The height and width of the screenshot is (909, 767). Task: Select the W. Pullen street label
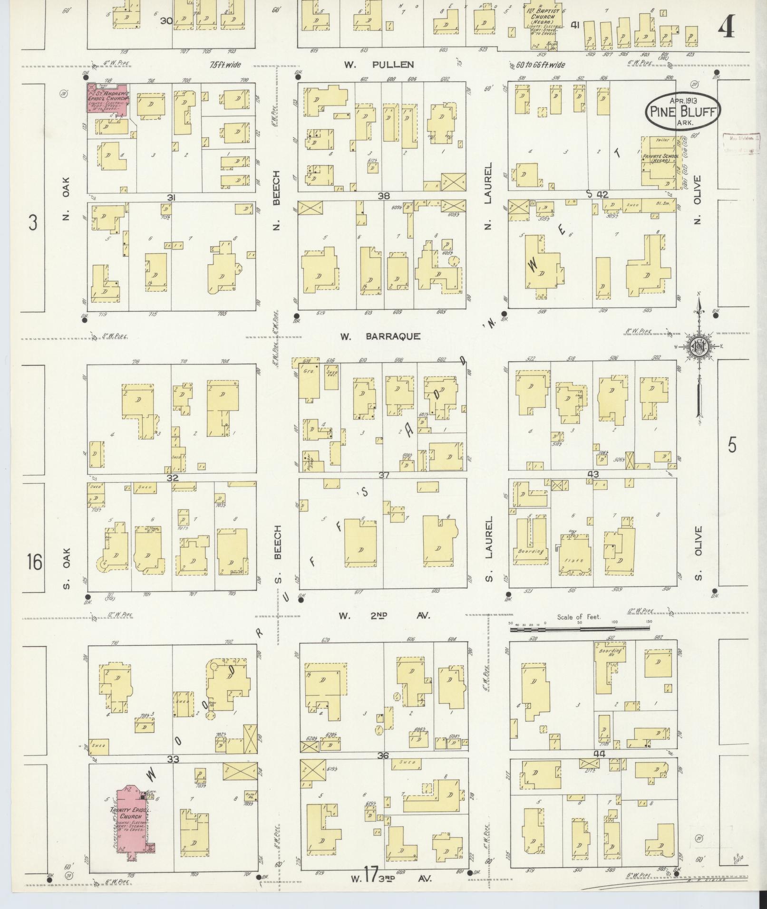point(379,65)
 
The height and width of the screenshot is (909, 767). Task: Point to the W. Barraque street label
point(380,336)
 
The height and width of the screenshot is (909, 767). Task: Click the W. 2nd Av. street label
point(384,616)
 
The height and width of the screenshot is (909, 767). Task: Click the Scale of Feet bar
point(579,629)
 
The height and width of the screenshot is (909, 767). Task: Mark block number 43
point(593,474)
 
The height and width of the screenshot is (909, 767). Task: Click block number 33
point(173,760)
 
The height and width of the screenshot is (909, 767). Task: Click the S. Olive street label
point(698,553)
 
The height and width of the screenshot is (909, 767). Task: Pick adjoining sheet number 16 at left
point(34,563)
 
